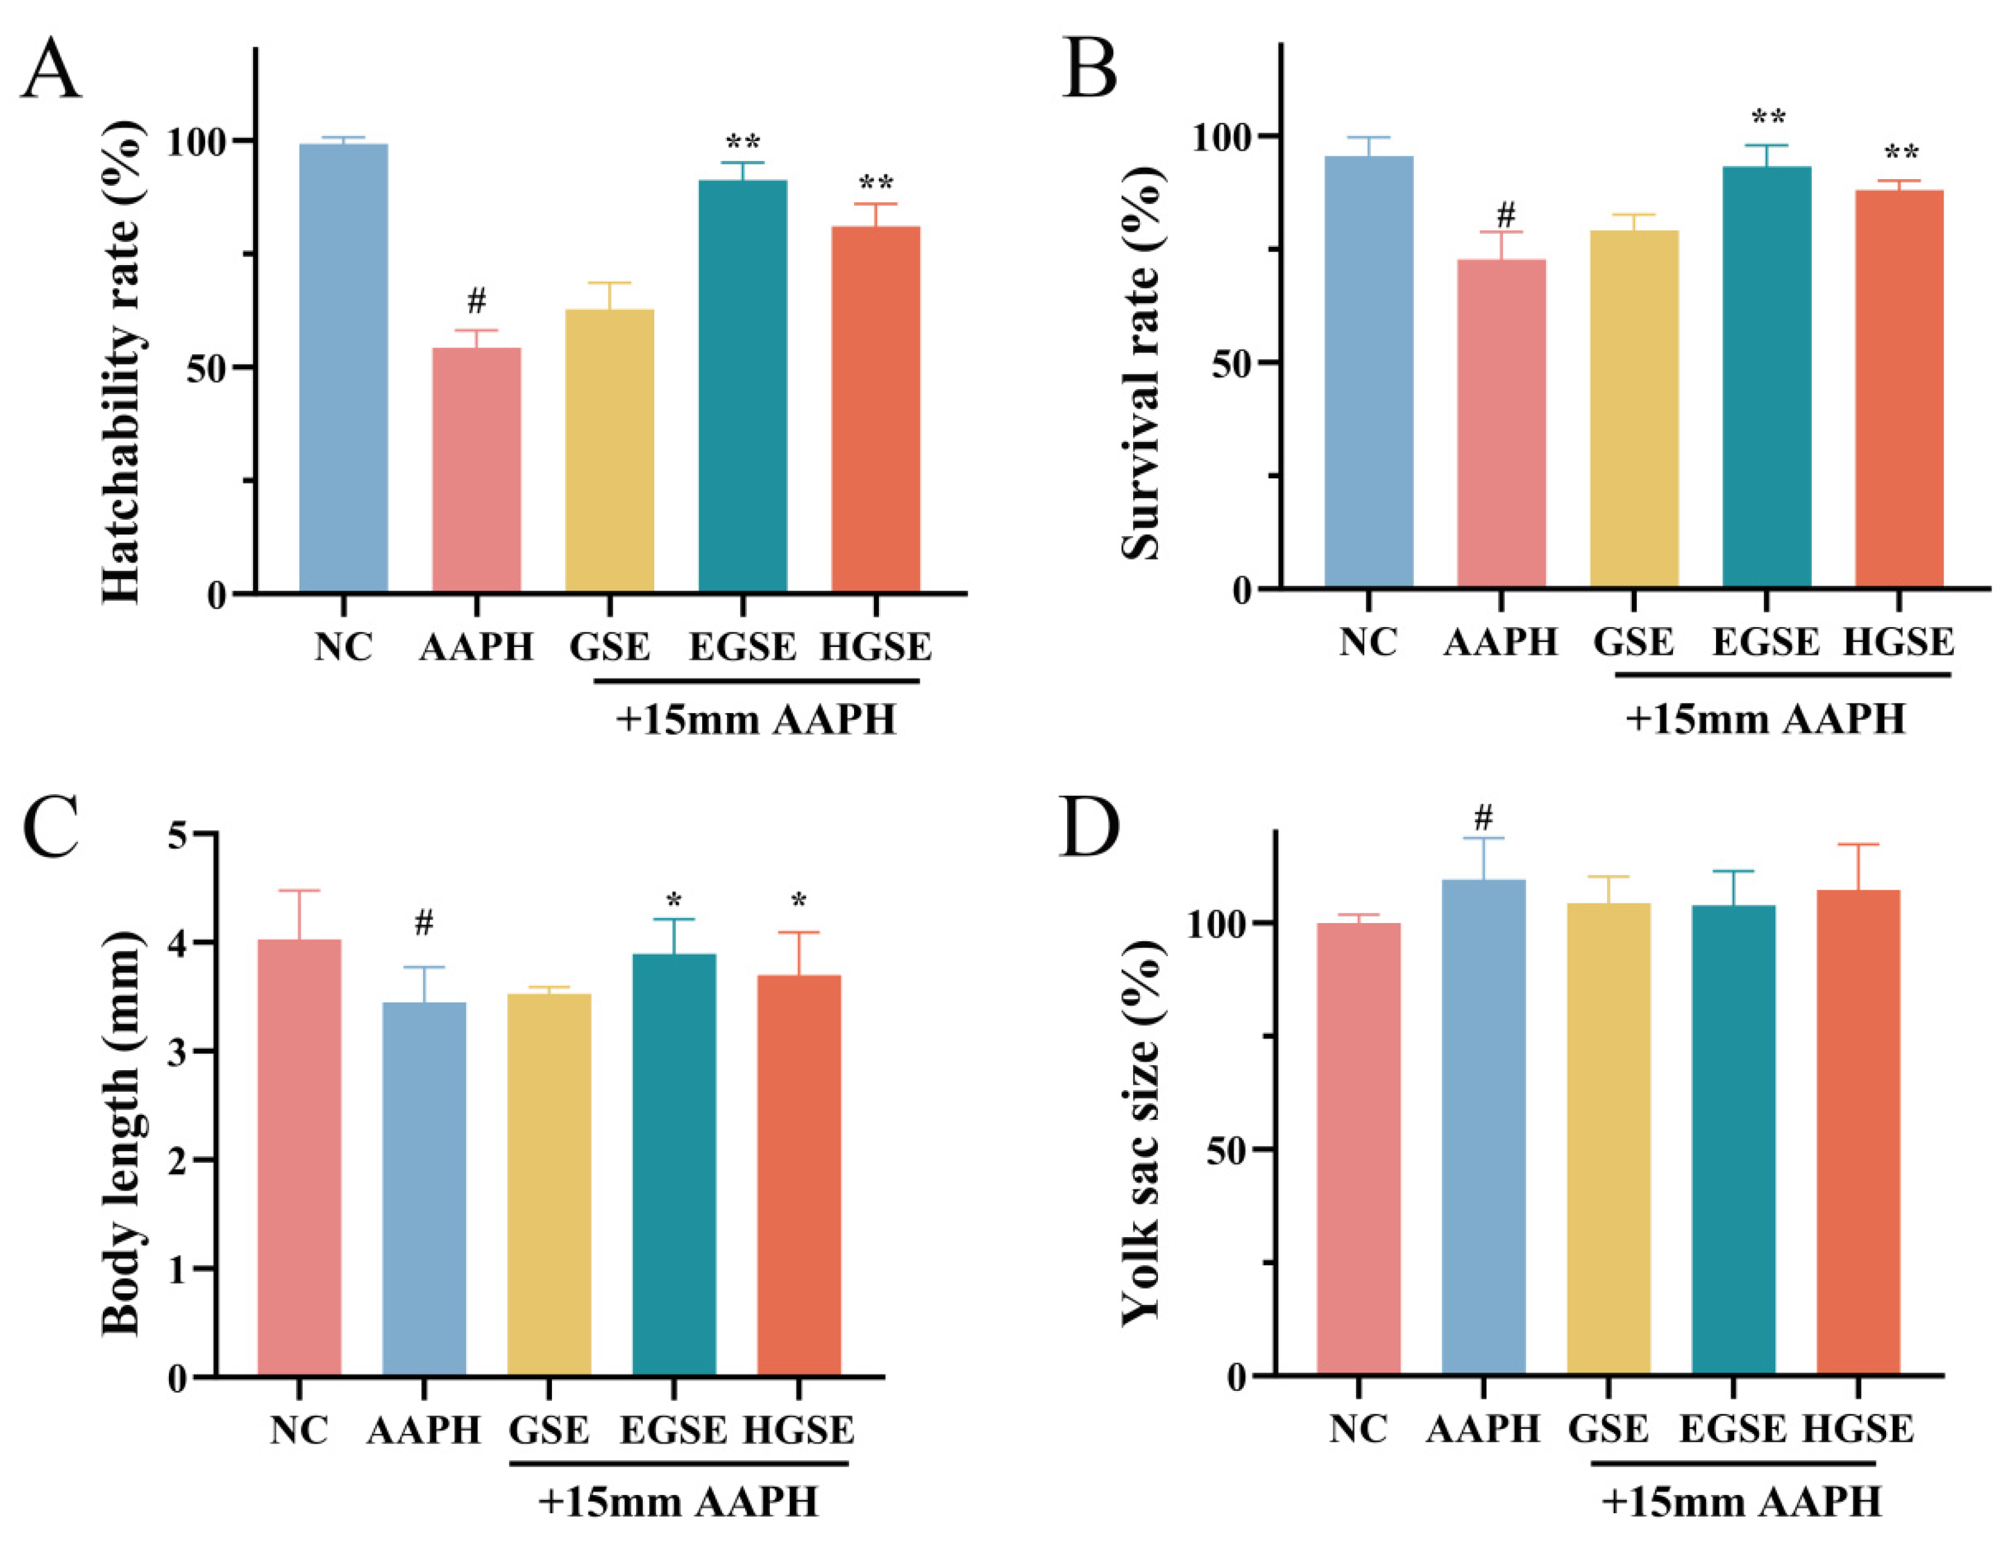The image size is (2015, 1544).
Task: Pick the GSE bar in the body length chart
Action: [x=548, y=1184]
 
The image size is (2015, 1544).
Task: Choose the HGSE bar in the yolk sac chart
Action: [x=1858, y=1132]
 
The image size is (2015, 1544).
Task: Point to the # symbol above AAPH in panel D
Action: [x=1483, y=817]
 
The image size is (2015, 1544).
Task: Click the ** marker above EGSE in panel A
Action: [x=743, y=142]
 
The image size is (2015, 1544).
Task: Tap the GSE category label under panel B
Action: [x=1634, y=642]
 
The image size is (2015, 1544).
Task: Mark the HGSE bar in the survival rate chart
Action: [x=1899, y=389]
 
